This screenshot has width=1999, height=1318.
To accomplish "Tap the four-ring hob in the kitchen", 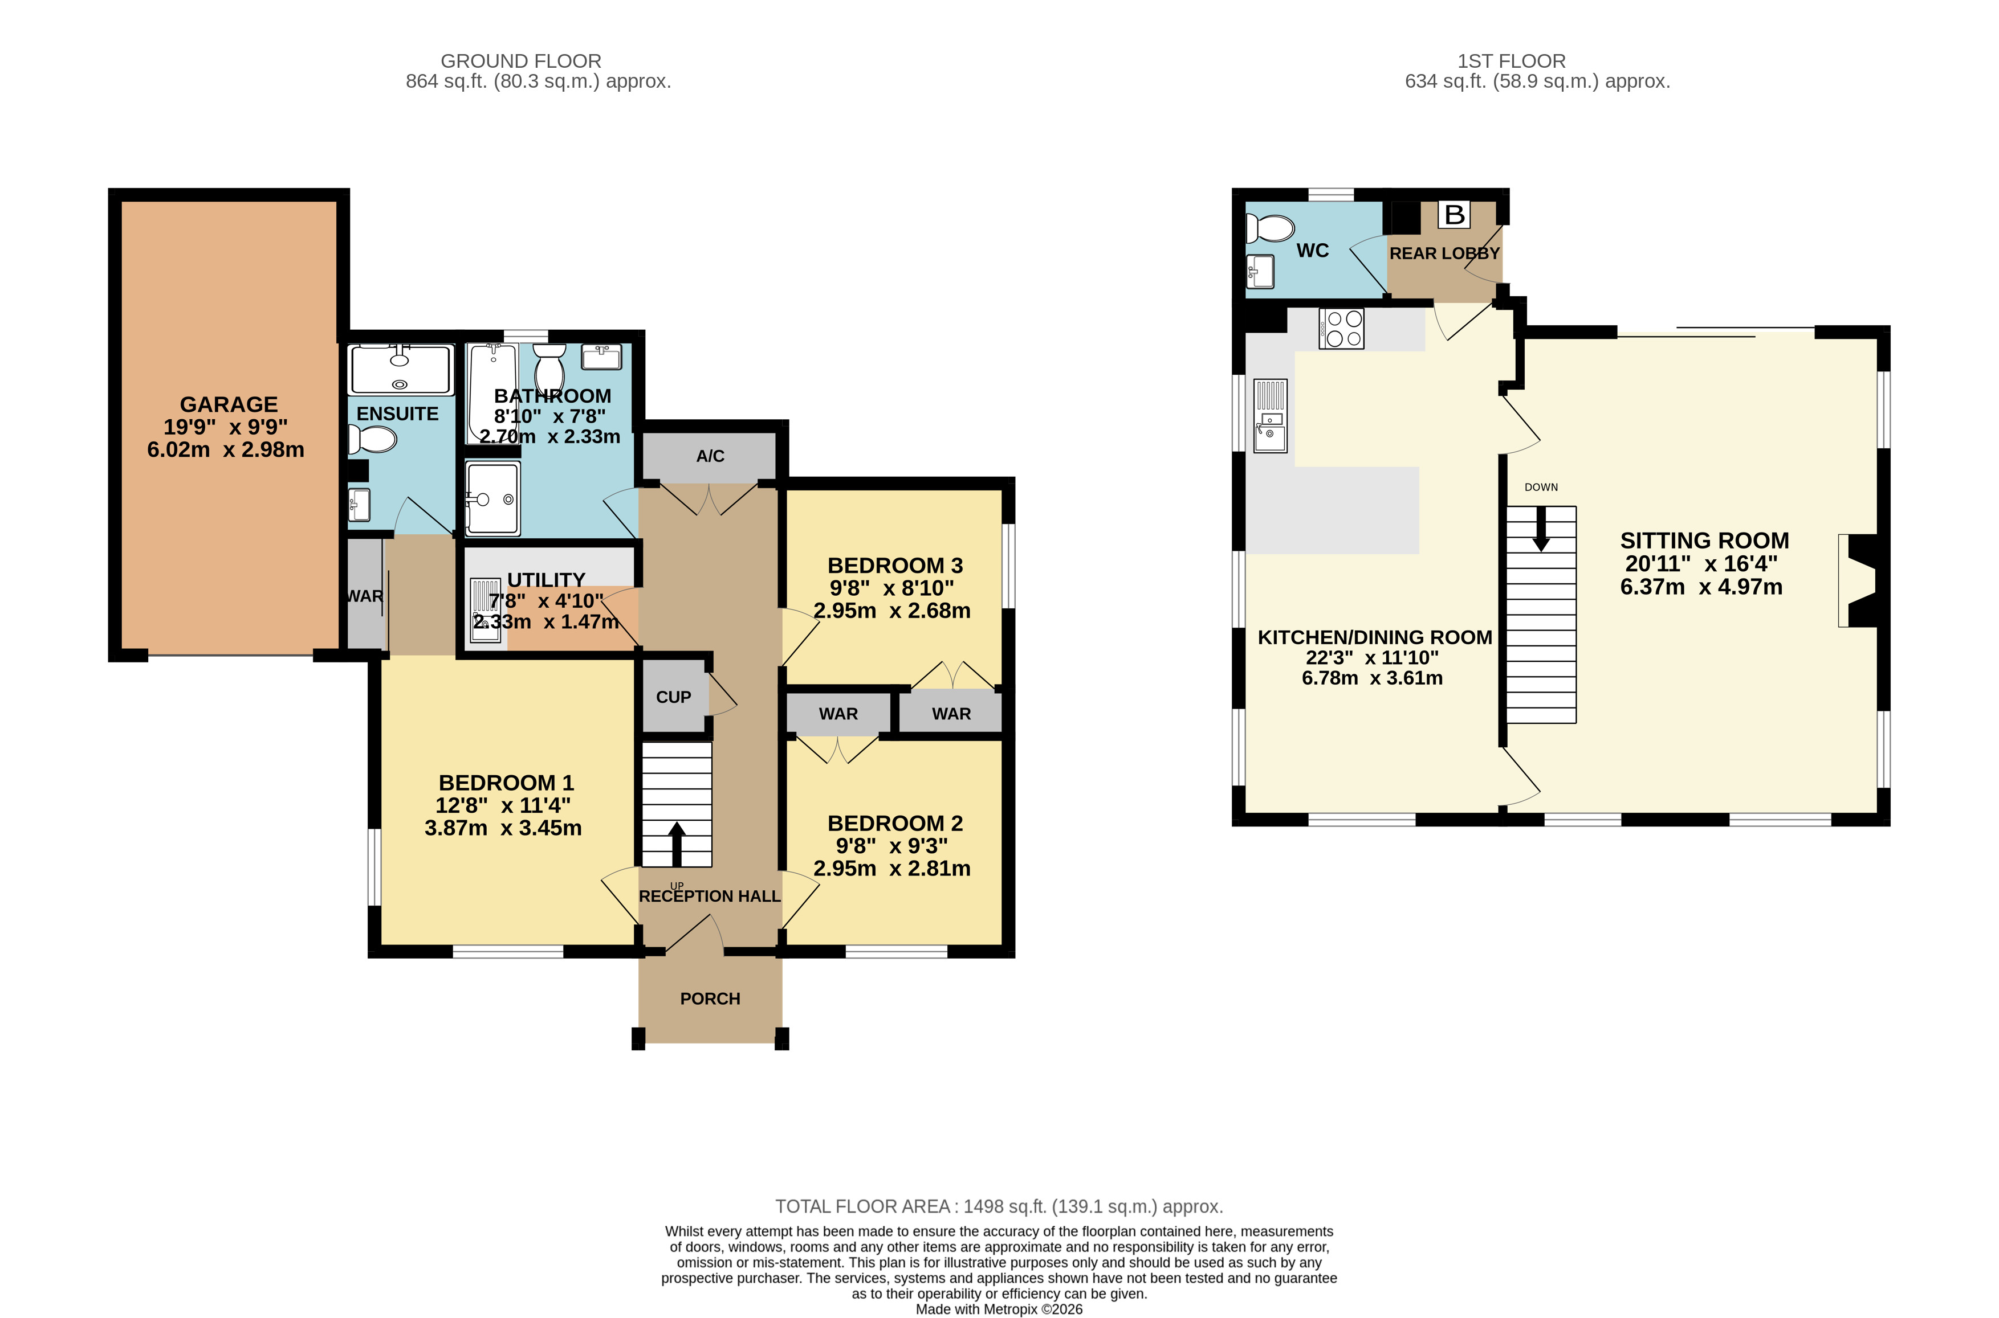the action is [1341, 329].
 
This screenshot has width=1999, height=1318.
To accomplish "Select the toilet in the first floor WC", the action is [1270, 228].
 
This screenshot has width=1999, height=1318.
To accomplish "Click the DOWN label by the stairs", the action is [1541, 486].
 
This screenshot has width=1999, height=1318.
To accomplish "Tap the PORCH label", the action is [710, 998].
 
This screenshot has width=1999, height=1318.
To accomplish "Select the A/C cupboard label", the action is [710, 456].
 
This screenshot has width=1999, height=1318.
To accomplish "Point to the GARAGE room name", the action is [229, 404].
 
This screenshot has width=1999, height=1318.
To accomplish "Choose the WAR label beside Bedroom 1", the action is [364, 596].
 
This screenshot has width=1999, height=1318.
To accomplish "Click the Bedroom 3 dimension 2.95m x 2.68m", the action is [891, 611].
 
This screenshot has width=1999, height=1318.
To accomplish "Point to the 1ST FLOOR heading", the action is [1511, 62].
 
